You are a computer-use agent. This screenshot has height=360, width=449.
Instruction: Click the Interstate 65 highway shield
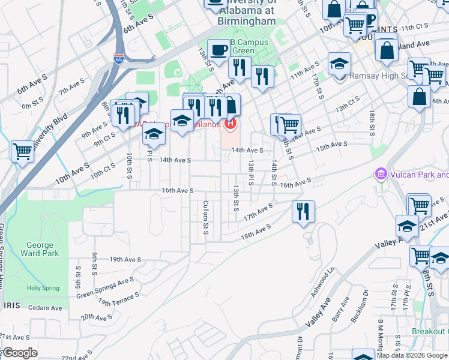click(118, 59)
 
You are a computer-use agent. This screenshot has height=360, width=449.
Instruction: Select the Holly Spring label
click(43, 288)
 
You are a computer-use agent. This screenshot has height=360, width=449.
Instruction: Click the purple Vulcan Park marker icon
click(380, 175)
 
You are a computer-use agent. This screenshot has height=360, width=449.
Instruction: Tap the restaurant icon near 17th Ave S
click(303, 211)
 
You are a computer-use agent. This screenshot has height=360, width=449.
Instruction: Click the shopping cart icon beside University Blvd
click(23, 151)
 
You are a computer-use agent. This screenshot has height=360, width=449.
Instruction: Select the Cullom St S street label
click(205, 218)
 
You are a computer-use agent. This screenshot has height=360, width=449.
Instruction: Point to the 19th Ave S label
click(125, 259)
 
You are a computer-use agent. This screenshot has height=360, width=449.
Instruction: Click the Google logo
click(19, 353)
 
